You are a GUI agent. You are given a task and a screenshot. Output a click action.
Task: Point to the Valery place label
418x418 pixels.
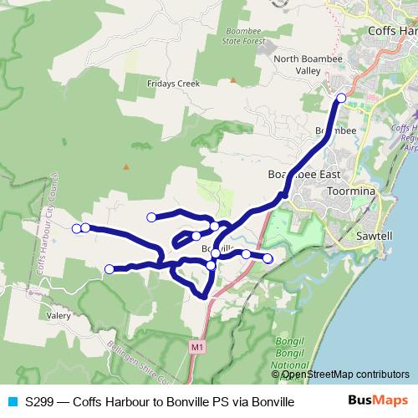coord(59,316)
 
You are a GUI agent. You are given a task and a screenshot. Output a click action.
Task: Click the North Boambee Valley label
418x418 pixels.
coord(298,64)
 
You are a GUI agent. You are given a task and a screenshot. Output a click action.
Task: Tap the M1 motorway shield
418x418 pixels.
coord(196,345)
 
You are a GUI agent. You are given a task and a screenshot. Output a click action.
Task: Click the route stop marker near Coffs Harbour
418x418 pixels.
coord(340,99)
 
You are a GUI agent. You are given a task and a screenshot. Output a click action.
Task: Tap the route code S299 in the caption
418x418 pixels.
coord(40,401)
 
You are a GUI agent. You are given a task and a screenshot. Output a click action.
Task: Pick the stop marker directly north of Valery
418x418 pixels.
coord(110,268)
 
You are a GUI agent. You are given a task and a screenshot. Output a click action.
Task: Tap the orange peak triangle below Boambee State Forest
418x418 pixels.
coord(233,80)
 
